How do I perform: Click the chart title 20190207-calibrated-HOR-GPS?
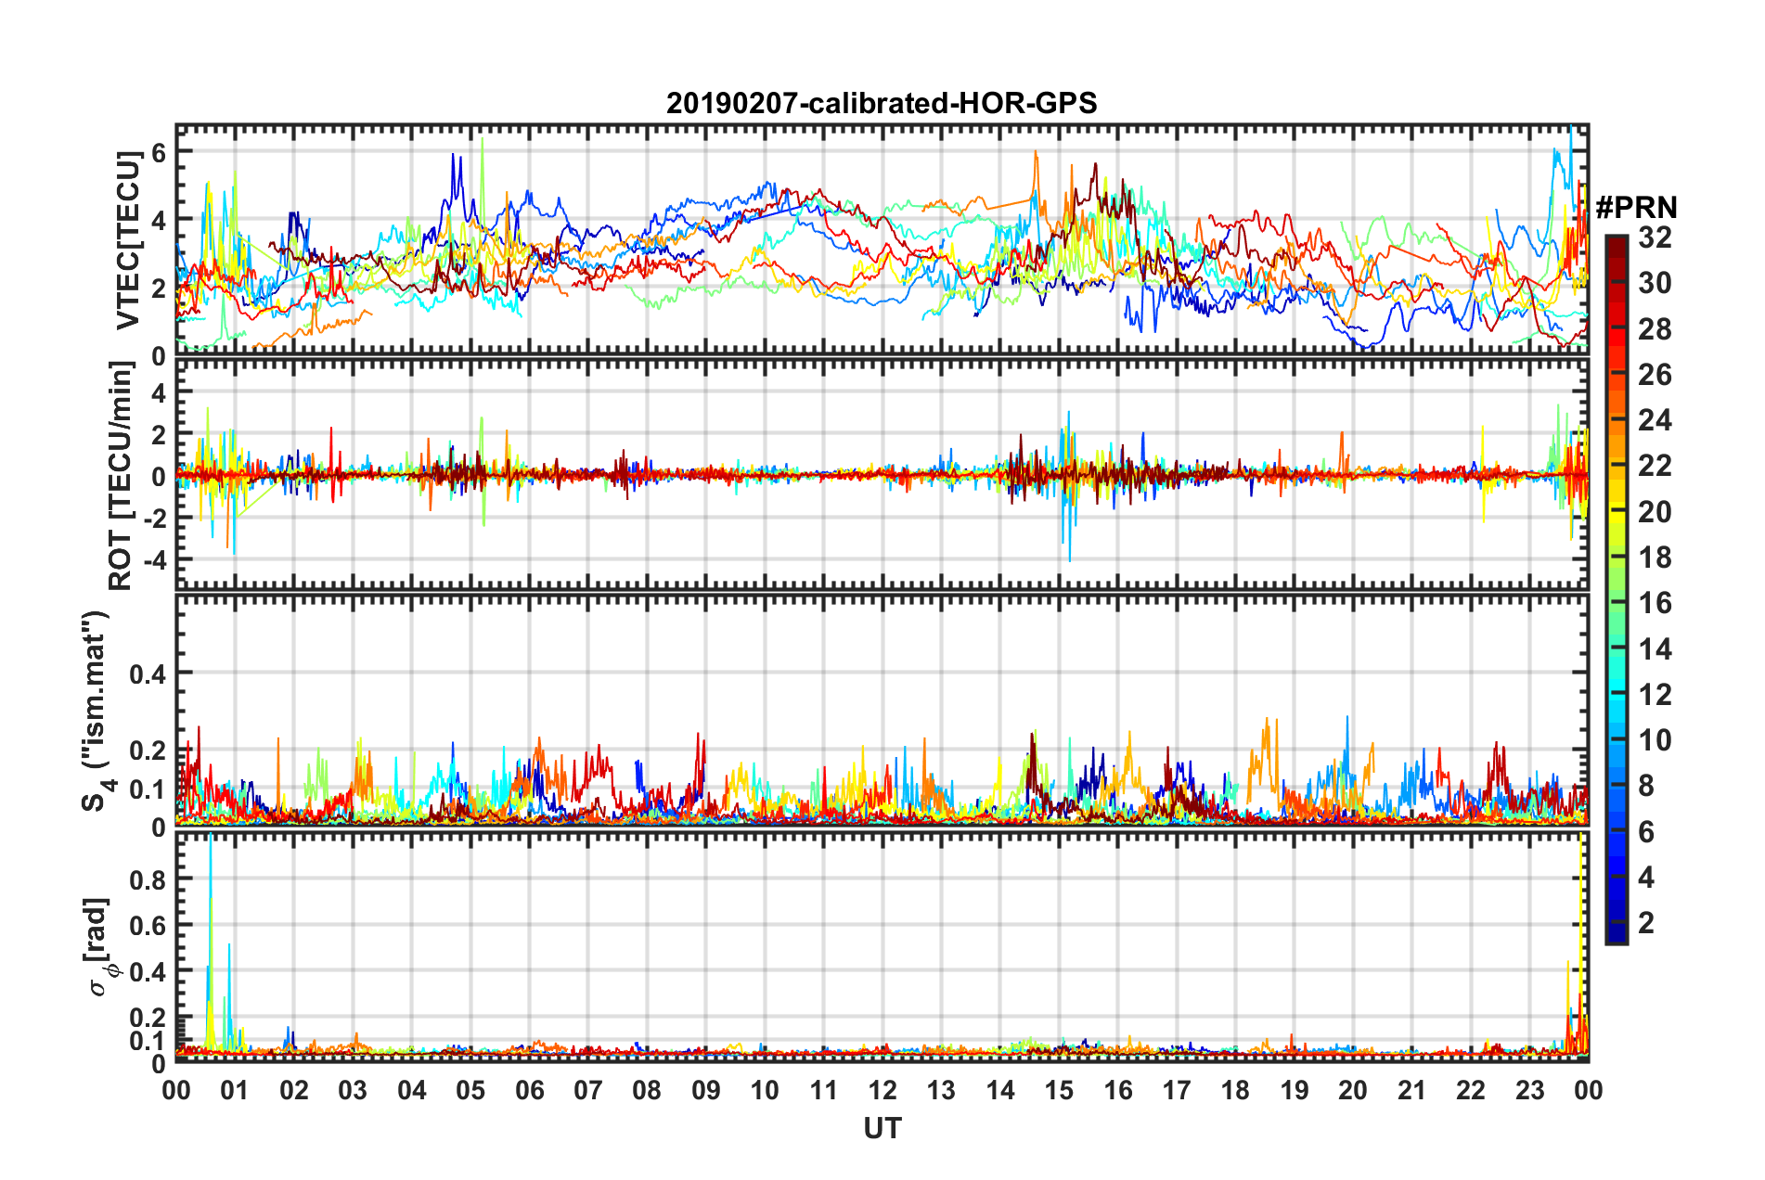[x=882, y=103]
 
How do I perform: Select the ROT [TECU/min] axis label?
[x=122, y=475]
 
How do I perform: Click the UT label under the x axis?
[x=882, y=1128]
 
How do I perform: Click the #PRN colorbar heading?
[x=1636, y=208]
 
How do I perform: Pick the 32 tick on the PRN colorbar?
[x=1655, y=237]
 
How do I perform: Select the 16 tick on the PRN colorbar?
[x=1655, y=603]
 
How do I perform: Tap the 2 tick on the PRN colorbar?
[x=1647, y=922]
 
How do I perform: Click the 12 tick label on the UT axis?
[x=882, y=1090]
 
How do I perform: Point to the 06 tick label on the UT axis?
[x=529, y=1090]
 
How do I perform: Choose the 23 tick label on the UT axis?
[x=1529, y=1090]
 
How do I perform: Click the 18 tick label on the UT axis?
[x=1235, y=1090]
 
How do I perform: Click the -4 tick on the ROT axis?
[x=153, y=560]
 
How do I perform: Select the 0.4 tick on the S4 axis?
[x=148, y=673]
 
